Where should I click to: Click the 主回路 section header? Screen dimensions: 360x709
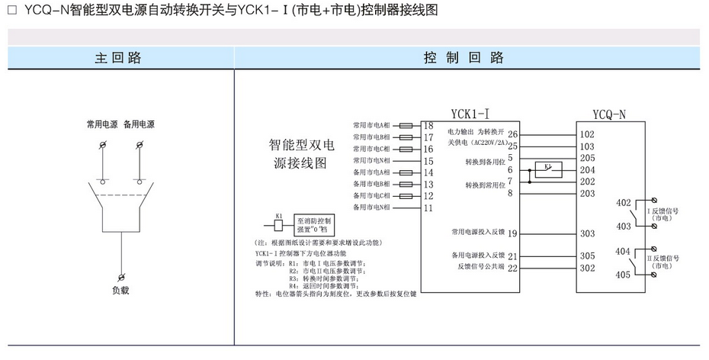coord(117,57)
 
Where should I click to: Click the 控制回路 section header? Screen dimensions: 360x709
coord(464,57)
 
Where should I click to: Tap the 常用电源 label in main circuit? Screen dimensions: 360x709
coord(102,124)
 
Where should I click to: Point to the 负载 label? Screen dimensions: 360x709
coord(121,290)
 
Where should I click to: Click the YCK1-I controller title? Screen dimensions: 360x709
coord(470,114)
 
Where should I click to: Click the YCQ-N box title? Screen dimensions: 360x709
coord(609,114)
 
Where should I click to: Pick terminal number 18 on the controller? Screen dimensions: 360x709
coord(428,125)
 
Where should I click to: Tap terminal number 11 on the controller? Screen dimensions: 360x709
coord(428,207)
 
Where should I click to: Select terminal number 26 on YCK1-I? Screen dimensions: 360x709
coord(512,133)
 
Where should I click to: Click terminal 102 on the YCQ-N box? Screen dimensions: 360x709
coord(587,133)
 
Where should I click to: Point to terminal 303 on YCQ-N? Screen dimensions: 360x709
coord(587,233)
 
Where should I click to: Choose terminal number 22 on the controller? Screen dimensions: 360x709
coord(512,268)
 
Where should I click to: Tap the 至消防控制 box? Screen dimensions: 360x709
coord(315,225)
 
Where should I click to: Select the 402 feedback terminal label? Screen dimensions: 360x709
coord(622,202)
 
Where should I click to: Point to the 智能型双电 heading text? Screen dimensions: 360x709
coord(302,145)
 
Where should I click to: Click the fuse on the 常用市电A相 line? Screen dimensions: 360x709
coord(407,125)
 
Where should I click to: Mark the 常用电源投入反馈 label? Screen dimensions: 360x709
coord(477,233)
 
